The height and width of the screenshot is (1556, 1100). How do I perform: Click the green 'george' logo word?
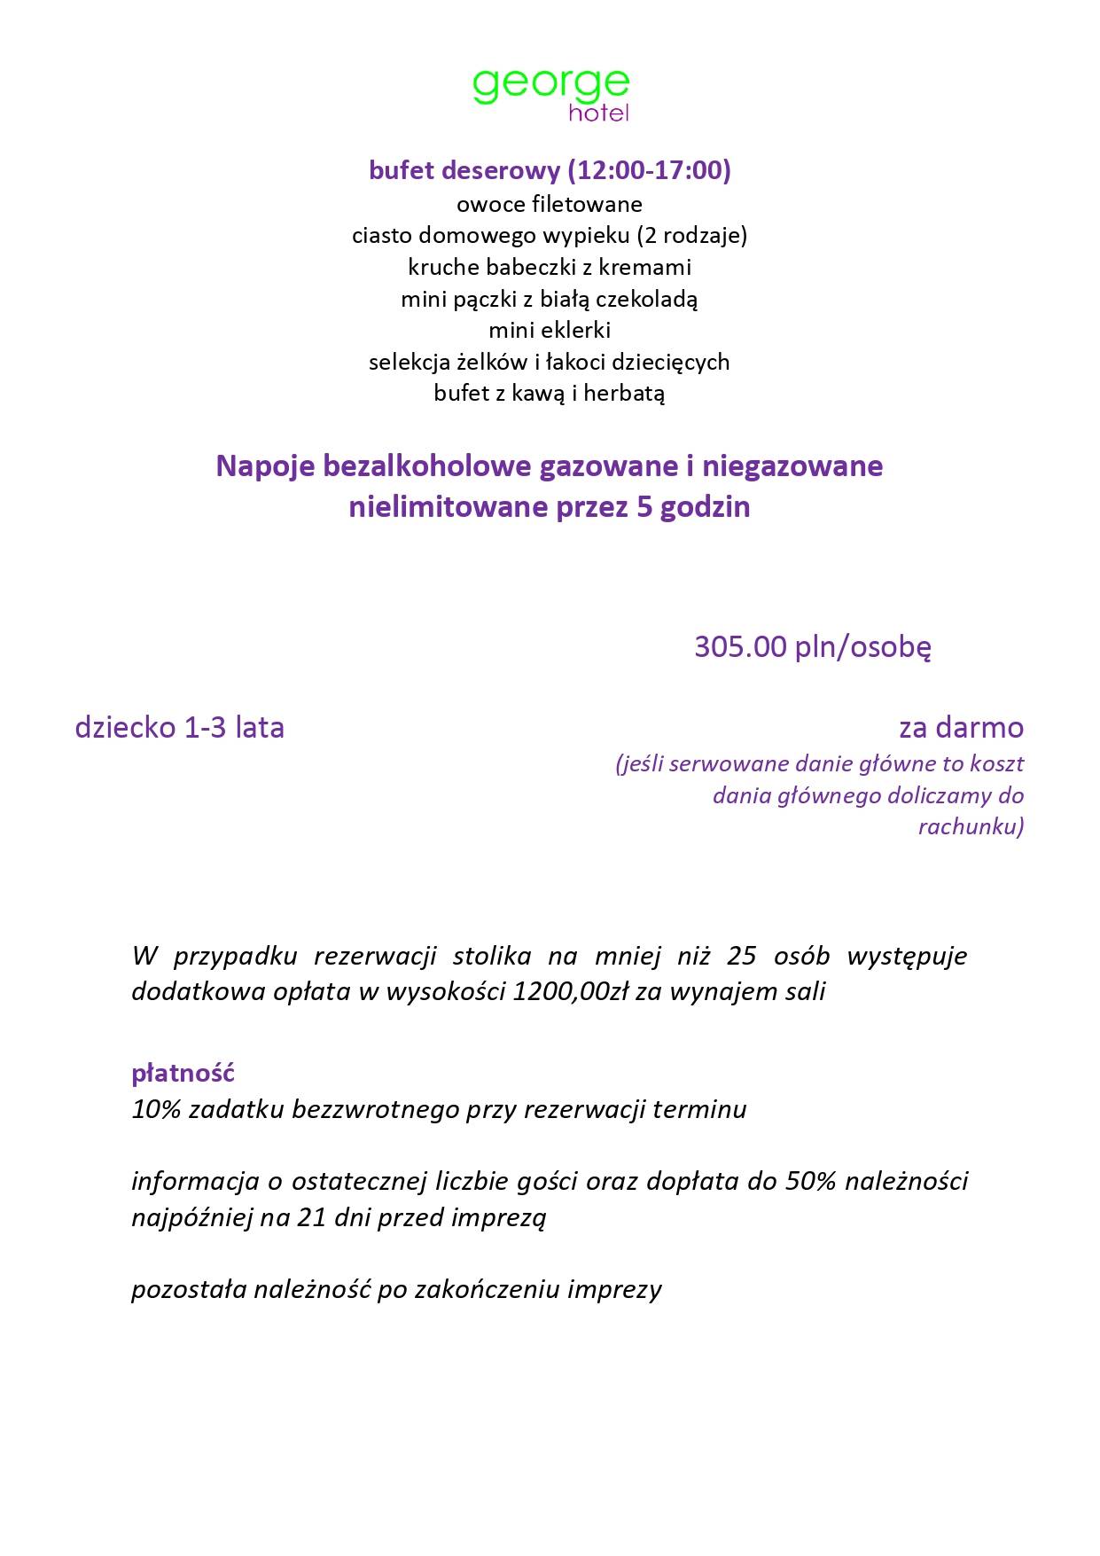[x=550, y=85]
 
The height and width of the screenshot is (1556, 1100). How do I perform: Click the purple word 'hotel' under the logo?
[x=598, y=113]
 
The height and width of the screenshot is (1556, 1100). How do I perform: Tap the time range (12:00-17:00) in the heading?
[x=649, y=169]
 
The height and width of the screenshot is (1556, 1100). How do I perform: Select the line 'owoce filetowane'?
[x=550, y=204]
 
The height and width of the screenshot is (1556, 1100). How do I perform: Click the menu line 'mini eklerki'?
[x=550, y=330]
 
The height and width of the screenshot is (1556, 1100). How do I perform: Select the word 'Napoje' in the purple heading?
[x=265, y=466]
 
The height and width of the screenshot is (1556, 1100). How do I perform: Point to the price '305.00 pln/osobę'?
[x=812, y=646]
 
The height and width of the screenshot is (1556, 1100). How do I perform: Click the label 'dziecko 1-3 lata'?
[x=180, y=727]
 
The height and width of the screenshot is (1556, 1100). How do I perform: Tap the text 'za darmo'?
[x=961, y=727]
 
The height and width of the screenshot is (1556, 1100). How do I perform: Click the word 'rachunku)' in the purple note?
[x=971, y=827]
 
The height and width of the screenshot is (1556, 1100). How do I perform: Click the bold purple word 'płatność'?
[x=183, y=1073]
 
